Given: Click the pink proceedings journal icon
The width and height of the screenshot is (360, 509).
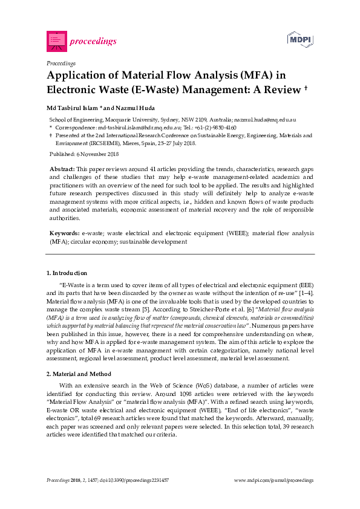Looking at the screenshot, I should click(56, 41).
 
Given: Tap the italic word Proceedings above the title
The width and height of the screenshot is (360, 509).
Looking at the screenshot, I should click(61, 63).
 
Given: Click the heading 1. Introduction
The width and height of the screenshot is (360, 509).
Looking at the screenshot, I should click(67, 273).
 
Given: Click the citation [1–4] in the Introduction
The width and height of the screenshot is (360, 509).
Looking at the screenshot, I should click(304, 293).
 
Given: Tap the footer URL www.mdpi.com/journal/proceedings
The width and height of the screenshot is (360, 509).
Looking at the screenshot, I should click(273, 480).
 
